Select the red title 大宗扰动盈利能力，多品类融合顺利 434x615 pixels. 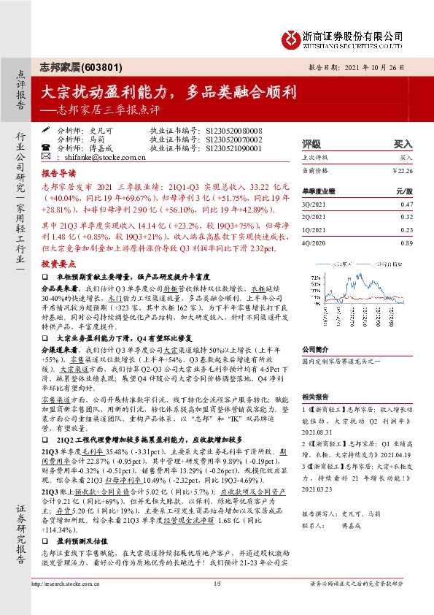[168, 92]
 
